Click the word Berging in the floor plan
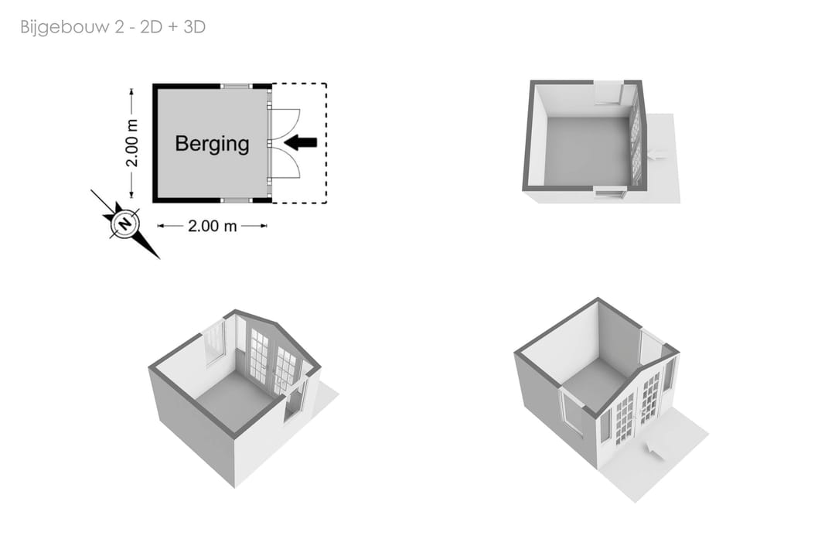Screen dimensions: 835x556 click(212, 144)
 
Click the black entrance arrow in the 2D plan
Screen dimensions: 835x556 click(301, 142)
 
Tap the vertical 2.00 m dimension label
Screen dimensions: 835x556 click(132, 143)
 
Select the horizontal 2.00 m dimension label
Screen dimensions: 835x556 click(212, 226)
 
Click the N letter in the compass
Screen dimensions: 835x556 click(125, 223)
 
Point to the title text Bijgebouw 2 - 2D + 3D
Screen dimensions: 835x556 click(113, 26)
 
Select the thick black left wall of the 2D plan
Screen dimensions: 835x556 click(155, 143)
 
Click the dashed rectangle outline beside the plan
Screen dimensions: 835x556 click(326, 143)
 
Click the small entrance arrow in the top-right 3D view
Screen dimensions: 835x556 click(657, 155)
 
